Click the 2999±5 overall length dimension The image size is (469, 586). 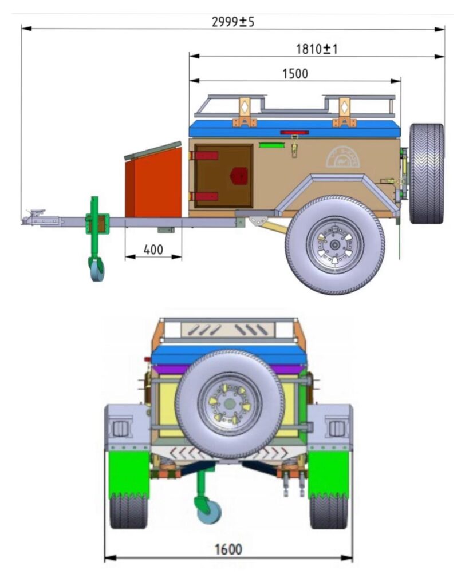pyautogui.click(x=232, y=22)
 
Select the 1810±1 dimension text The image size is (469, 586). pyautogui.click(x=317, y=49)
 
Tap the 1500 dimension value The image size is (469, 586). pyautogui.click(x=295, y=74)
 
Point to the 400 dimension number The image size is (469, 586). pyautogui.click(x=153, y=250)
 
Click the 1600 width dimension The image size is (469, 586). pyautogui.click(x=228, y=549)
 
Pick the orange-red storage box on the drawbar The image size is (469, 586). pyautogui.click(x=153, y=181)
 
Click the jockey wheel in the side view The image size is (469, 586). pyautogui.click(x=97, y=268)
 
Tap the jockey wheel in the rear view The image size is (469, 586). pyautogui.click(x=208, y=510)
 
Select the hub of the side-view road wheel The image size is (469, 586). pyautogui.click(x=335, y=245)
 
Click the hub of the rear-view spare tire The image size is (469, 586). pyautogui.click(x=229, y=404)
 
